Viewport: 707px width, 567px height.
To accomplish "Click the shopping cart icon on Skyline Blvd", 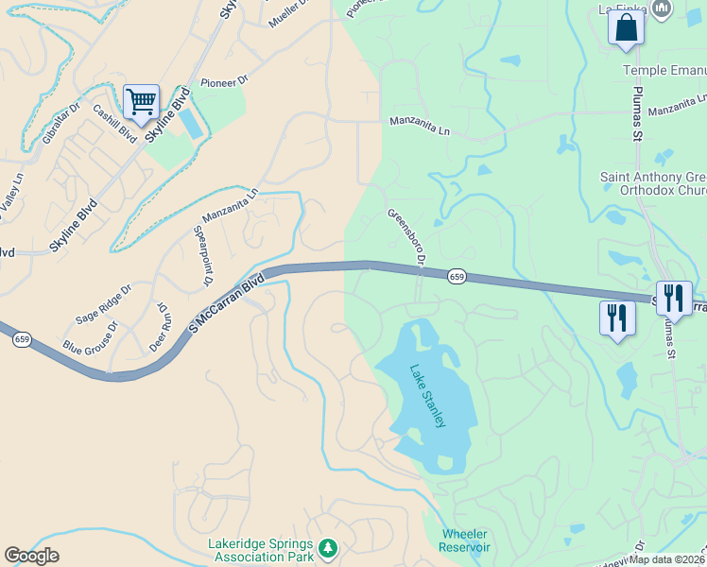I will pyautogui.click(x=141, y=100).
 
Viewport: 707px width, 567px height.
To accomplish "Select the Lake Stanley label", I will pyautogui.click(x=427, y=396).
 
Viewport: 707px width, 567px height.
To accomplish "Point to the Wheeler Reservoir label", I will pyautogui.click(x=465, y=541).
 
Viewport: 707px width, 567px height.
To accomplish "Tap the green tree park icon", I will pyautogui.click(x=328, y=547).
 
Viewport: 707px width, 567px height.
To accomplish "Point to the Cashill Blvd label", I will pyautogui.click(x=113, y=120).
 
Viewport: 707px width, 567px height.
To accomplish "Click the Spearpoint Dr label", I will pyautogui.click(x=200, y=255).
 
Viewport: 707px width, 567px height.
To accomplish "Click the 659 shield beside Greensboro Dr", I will pyautogui.click(x=457, y=276).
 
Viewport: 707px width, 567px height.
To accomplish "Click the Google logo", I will pyautogui.click(x=32, y=556).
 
